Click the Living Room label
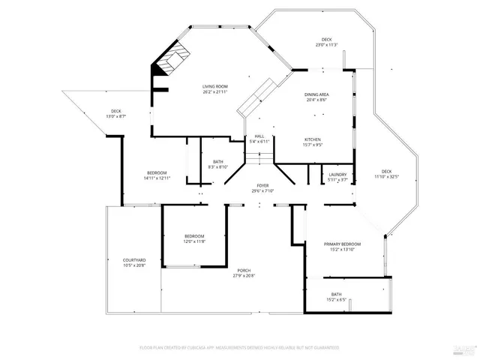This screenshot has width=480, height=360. coord(214,87)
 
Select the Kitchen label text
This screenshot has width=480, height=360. coord(313,139)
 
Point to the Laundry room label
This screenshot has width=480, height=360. coord(337,174)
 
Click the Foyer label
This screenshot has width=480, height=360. coord(262,185)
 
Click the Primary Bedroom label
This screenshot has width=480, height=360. coord(342,244)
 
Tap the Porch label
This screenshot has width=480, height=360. coord(244,270)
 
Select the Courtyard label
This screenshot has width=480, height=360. coord(134,260)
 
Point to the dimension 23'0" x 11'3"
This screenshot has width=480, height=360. coord(326,45)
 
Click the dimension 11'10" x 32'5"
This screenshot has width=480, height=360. coord(386,176)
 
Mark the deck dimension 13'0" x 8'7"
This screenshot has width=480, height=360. coord(115,116)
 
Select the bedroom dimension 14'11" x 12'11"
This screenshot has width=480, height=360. coord(157,178)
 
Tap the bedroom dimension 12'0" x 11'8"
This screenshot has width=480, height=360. coord(195,241)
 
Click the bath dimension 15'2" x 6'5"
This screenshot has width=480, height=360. coord(337,299)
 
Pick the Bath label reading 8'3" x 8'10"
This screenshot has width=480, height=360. coord(217,167)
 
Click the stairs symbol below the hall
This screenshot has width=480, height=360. coord(259,158)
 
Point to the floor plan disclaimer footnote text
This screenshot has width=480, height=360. coord(239,348)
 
